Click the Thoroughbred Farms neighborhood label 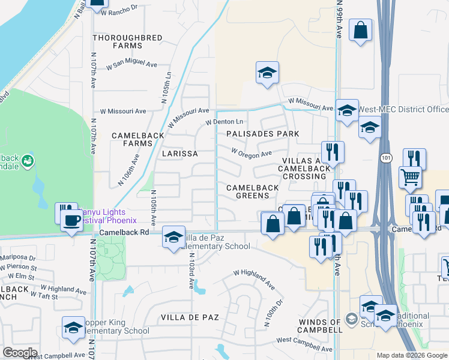[127, 41]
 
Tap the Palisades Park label [262, 133]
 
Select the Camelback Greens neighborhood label [252, 191]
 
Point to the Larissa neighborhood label [179, 154]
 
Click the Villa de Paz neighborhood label [190, 317]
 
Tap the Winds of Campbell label [320, 326]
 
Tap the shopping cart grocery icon [410, 177]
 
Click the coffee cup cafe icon [71, 219]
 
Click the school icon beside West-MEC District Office [347, 110]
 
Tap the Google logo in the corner [20, 353]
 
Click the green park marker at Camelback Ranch [26, 161]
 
